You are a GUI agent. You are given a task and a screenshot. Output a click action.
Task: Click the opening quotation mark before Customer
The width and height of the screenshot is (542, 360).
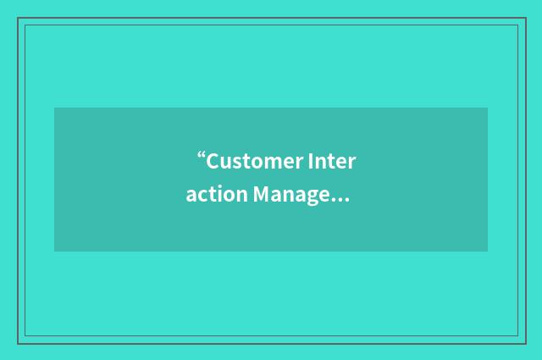(x=202, y=156)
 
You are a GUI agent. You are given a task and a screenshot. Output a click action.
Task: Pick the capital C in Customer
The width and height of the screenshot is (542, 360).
(x=213, y=161)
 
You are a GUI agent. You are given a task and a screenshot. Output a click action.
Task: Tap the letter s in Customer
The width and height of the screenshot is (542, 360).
(x=237, y=163)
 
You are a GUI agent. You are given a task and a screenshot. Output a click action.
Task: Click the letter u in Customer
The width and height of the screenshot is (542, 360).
(x=227, y=163)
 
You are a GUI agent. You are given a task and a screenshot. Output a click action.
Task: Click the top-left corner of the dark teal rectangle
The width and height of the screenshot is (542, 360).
(x=55, y=108)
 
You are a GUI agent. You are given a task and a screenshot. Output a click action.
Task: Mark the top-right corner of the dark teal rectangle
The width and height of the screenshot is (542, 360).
(x=487, y=108)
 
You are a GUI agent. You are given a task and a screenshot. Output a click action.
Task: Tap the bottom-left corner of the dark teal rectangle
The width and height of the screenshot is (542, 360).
(x=55, y=251)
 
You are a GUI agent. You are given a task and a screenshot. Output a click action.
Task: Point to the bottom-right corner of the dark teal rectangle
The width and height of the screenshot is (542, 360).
(x=487, y=251)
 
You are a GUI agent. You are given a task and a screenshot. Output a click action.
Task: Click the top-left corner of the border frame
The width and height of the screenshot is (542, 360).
(x=19, y=19)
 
